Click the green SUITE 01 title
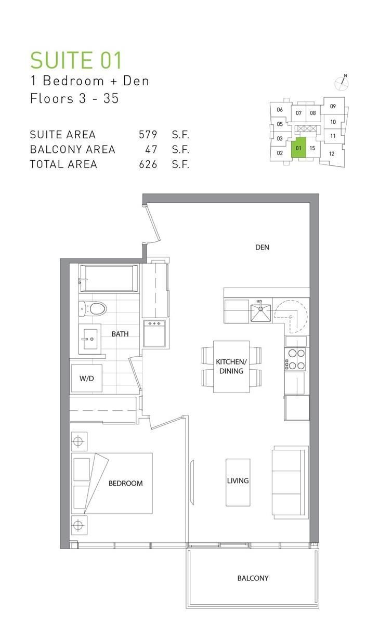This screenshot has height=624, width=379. click(76, 60)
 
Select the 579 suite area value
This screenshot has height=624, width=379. click(148, 135)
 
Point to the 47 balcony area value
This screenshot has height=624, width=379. click(151, 150)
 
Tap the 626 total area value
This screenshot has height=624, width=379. click(148, 164)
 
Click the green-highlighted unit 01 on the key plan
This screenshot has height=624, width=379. click(298, 148)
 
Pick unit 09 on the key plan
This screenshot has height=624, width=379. click(333, 106)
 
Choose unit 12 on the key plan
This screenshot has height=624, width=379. click(332, 154)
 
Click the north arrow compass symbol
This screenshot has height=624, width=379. click(342, 83)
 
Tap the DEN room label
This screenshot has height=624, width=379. click(262, 247)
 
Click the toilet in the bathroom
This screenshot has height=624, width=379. click(93, 309)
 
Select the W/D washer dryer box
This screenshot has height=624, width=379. click(87, 378)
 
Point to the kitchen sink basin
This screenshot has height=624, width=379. click(260, 313)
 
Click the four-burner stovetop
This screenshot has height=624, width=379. click(295, 359)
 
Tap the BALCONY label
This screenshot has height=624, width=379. click(253, 578)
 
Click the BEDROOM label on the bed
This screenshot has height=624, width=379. click(126, 483)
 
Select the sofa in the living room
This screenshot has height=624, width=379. click(290, 482)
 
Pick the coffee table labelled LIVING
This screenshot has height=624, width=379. click(238, 482)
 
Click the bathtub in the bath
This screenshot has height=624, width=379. click(109, 278)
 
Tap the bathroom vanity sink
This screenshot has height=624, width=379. click(89, 339)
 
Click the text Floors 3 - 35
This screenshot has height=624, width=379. click(74, 98)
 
